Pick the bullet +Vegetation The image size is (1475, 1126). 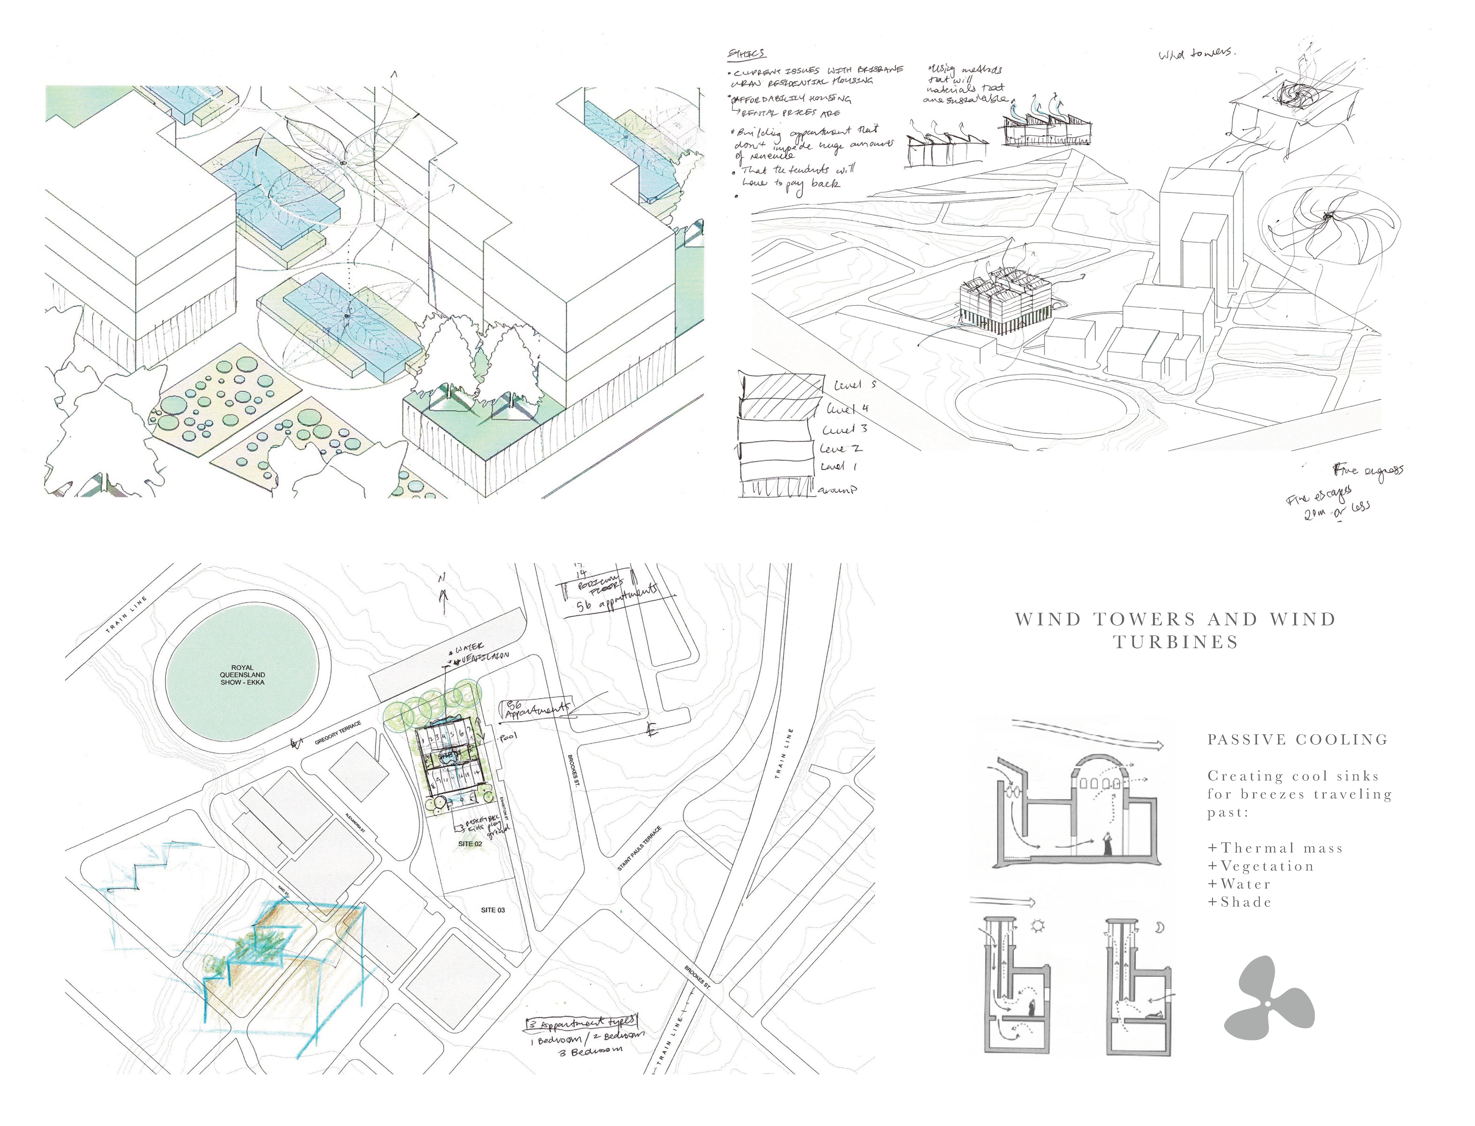[x=1261, y=867]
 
